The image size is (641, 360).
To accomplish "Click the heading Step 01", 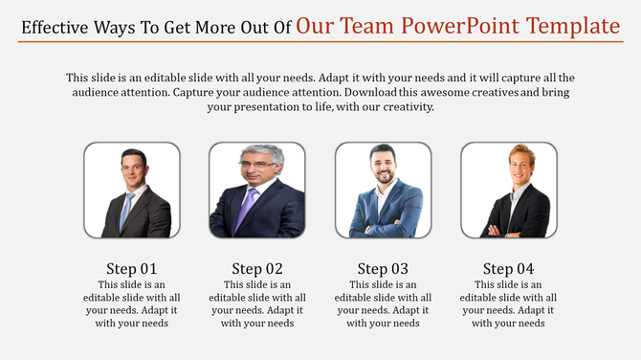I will tap(131, 268).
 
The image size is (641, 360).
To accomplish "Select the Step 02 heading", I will tap(257, 268).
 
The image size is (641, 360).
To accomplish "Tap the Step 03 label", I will tap(383, 268).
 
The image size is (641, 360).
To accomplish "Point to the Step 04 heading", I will tap(508, 268).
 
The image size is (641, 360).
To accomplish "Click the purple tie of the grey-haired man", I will tap(245, 206).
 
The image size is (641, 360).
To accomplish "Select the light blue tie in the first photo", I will tap(126, 207).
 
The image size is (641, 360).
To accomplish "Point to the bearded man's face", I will tap(382, 165).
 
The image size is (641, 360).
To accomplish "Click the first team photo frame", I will tap(131, 190).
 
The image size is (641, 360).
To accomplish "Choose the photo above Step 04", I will tap(508, 190).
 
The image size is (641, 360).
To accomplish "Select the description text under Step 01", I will tap(131, 304).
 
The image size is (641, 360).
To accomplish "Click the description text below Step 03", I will tap(383, 304).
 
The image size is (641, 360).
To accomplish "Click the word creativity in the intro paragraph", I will tap(406, 107).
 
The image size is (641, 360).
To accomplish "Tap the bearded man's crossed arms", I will tap(383, 221).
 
